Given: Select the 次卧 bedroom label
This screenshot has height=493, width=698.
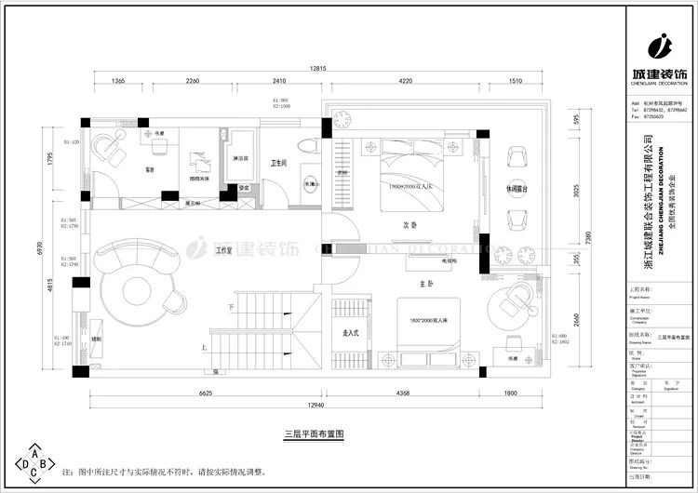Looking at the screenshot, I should pos(408,225).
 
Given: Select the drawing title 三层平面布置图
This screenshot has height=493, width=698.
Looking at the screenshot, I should pos(315,433).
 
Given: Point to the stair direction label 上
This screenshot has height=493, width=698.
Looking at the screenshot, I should pos(204,347).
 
